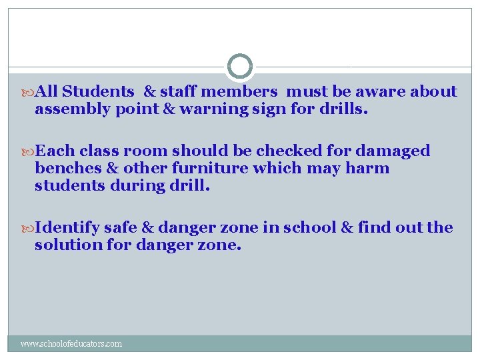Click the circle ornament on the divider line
tap(240, 67)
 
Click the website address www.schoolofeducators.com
tap(71, 344)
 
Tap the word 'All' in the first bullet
tap(46, 91)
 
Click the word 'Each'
tap(52, 151)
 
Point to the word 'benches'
tap(65, 167)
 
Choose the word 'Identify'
tap(67, 228)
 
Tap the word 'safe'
tap(123, 227)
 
